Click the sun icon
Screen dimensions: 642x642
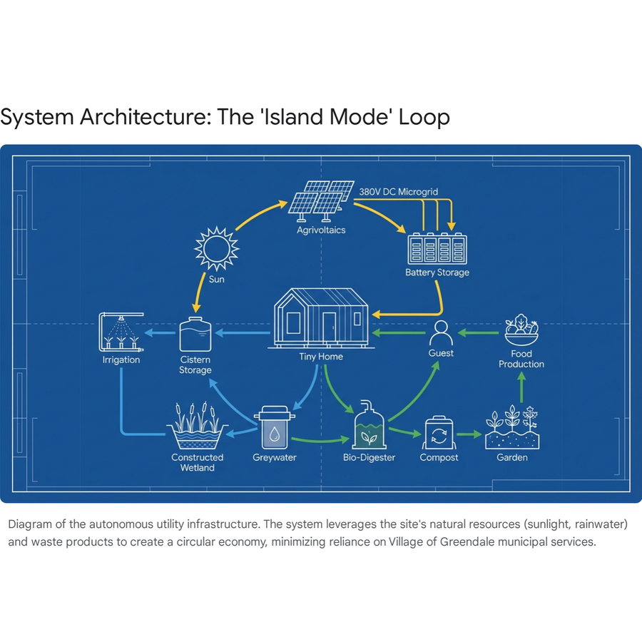pyautogui.click(x=217, y=248)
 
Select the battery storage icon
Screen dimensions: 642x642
pyautogui.click(x=437, y=248)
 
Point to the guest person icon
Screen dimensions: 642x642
pyautogui.click(x=441, y=333)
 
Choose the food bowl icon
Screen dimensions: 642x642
pyautogui.click(x=521, y=330)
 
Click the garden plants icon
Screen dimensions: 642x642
pyautogui.click(x=512, y=427)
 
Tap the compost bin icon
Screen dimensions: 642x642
pyautogui.click(x=439, y=432)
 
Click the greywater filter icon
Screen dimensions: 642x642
pyautogui.click(x=275, y=427)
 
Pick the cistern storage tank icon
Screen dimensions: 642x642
pyautogui.click(x=195, y=334)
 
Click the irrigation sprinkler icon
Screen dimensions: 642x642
pyautogui.click(x=121, y=332)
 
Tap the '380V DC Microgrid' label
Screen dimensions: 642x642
pyautogui.click(x=398, y=192)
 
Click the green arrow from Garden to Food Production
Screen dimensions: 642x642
pyautogui.click(x=521, y=387)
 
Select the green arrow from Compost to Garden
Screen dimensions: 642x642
pyautogui.click(x=469, y=434)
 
